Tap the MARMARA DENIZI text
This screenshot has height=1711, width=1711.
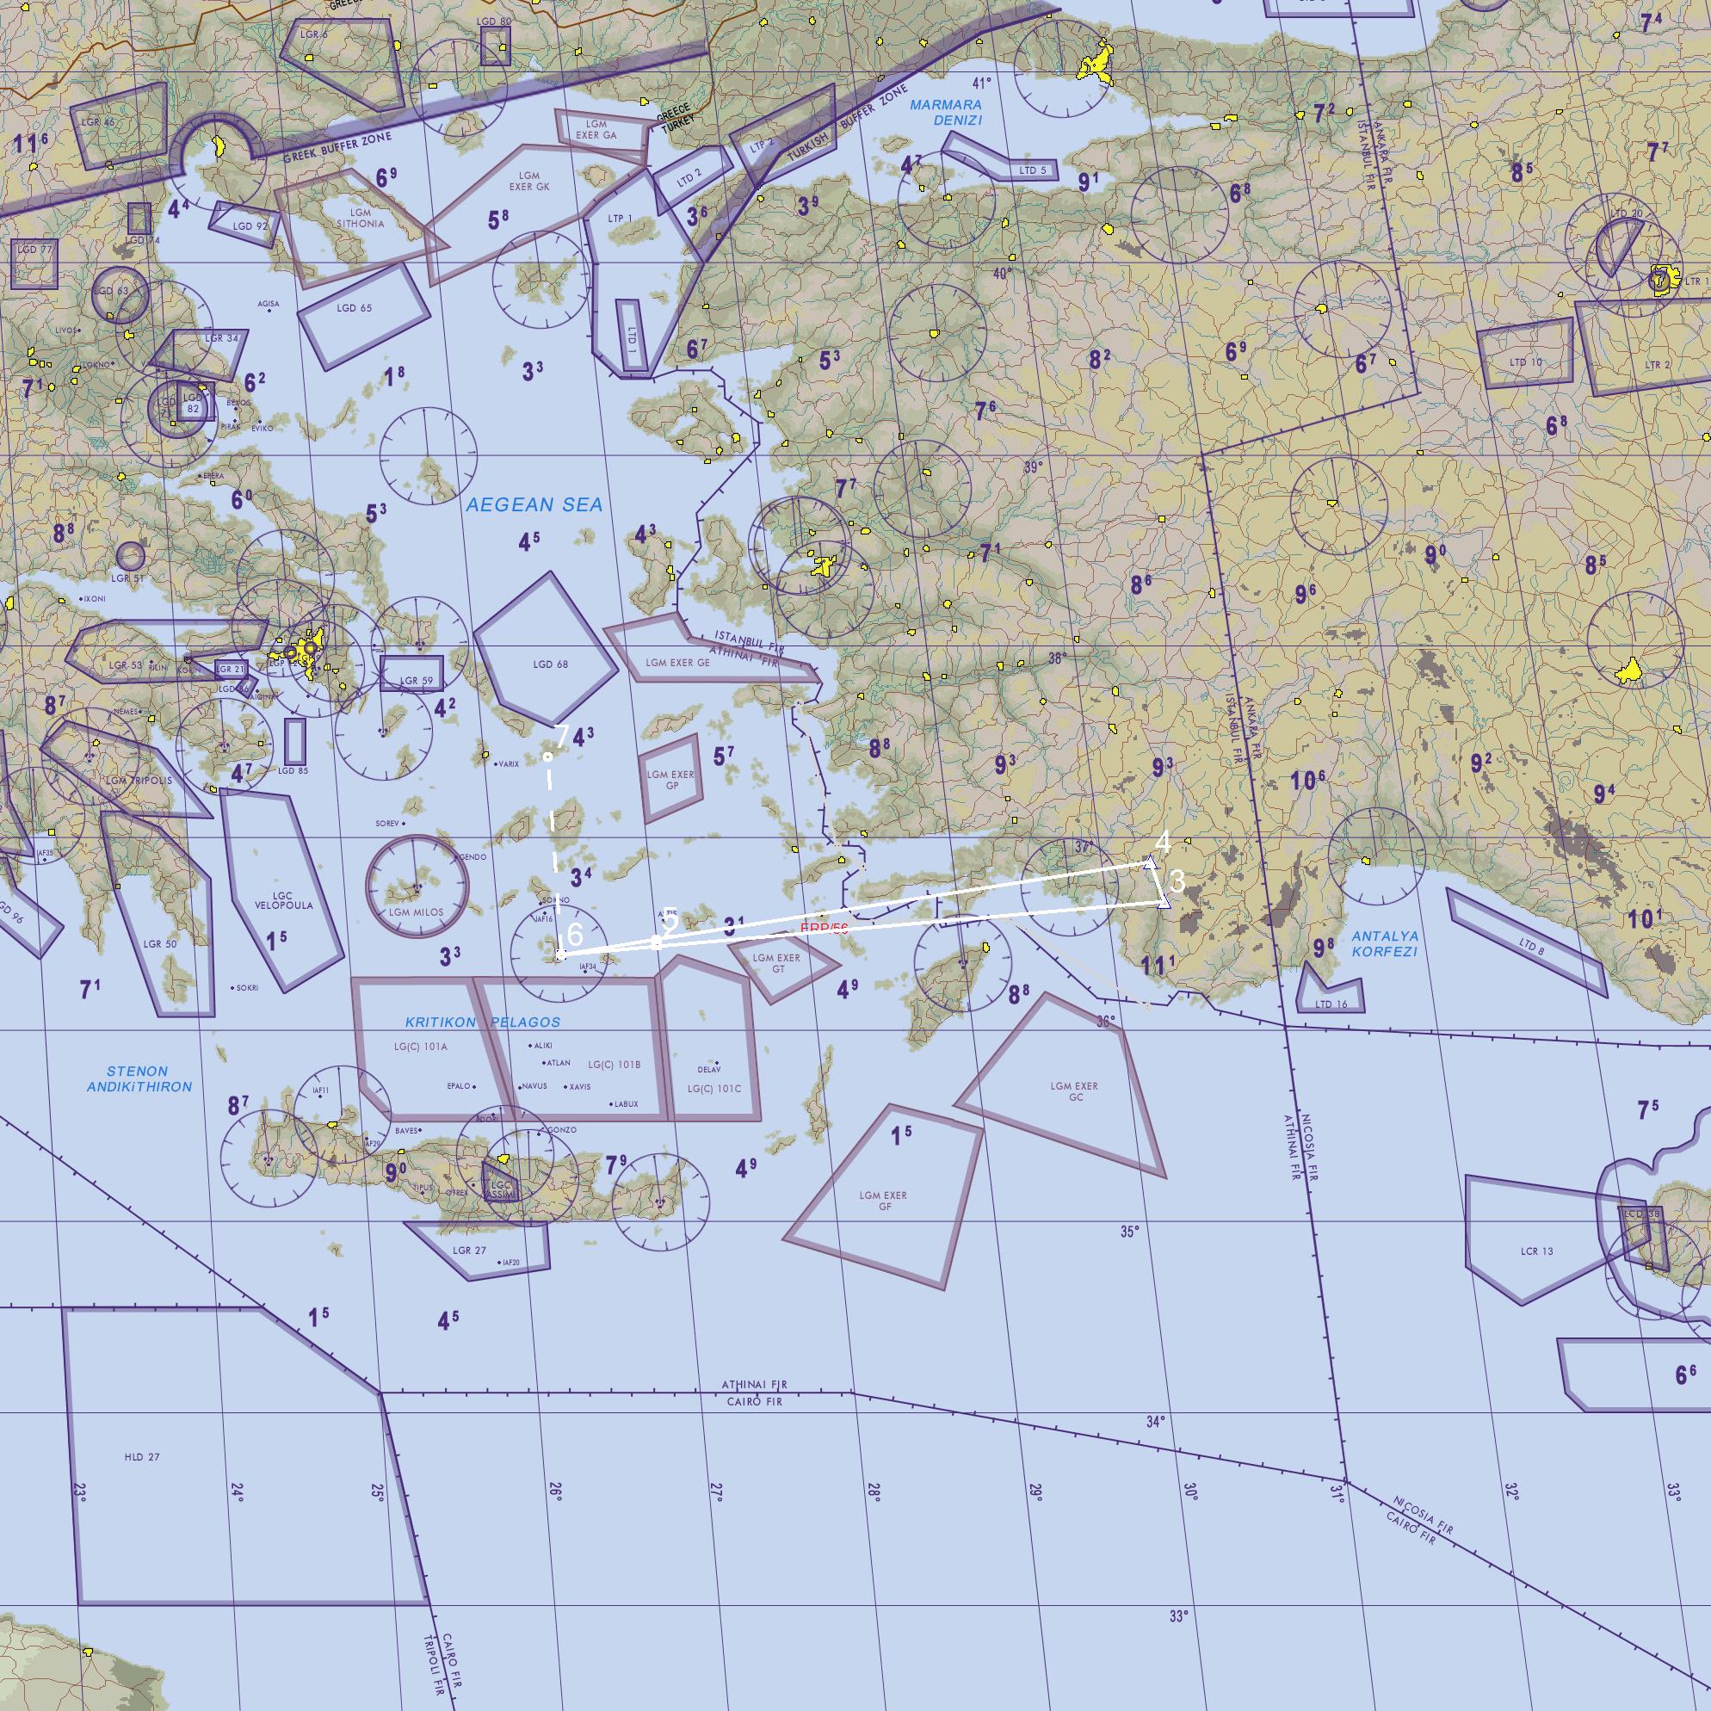pos(946,113)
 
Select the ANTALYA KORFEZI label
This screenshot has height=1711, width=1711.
pos(1385,943)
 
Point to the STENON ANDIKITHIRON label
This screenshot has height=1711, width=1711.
pos(139,1078)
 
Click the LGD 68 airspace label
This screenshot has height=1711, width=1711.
pos(550,664)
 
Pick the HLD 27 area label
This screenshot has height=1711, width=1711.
pos(142,1457)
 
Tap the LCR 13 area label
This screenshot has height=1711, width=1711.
pos(1536,1251)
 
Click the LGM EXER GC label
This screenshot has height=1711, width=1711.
pos(1073,1091)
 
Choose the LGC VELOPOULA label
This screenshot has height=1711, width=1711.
pos(283,900)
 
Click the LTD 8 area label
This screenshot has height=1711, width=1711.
pos(1531,947)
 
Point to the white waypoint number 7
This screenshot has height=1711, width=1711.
pos(560,734)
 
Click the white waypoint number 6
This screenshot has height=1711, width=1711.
pos(575,934)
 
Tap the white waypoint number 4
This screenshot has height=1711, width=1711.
pos(1163,842)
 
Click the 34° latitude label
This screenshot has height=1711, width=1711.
pos(1156,1423)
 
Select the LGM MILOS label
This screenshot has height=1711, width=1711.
pos(417,912)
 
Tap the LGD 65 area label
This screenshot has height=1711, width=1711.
pos(355,308)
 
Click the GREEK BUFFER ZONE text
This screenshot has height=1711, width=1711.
pos(337,148)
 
